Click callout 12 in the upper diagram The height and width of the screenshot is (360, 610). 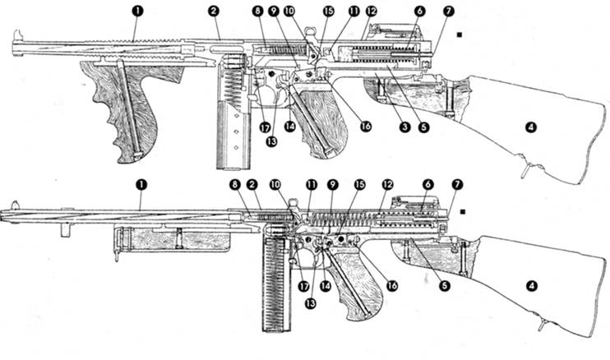[372, 12]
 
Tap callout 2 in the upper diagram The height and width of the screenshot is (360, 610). [214, 12]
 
